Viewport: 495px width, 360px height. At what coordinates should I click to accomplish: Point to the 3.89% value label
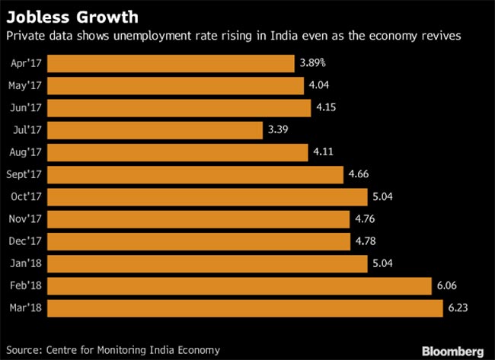316,63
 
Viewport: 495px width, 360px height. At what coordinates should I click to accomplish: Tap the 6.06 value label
447,286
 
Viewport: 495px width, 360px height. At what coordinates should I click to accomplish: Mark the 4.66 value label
360,175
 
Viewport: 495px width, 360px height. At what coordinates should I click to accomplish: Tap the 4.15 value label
326,108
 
